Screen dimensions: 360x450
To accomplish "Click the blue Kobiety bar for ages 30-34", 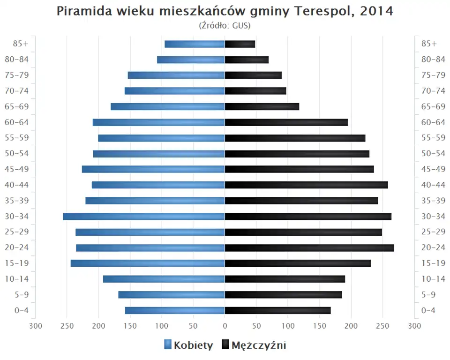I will [144, 217].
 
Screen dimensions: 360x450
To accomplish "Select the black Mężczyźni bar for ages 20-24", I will [309, 248].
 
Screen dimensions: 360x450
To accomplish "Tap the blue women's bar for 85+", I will [195, 44].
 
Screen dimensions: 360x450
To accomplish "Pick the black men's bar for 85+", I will [240, 44].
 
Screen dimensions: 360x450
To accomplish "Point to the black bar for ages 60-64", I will [286, 122].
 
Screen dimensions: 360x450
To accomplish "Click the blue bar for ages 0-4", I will [175, 310].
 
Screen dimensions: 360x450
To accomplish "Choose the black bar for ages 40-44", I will [307, 185].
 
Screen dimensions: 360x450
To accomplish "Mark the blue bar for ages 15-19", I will [148, 263].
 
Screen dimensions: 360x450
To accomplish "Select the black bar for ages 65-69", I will [262, 107].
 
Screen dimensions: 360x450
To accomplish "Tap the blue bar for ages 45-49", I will [153, 169].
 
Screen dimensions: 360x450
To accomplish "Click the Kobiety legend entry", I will [188, 345].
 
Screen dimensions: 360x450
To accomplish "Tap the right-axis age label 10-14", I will [433, 279].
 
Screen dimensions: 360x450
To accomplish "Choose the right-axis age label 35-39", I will [433, 201].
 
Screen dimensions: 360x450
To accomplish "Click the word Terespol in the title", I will [323, 11].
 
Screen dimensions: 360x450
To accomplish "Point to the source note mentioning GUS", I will [225, 25].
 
